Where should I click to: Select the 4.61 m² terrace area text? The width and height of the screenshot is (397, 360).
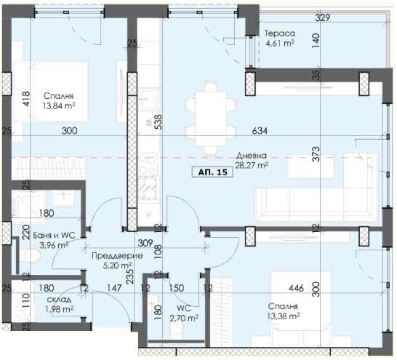click(278, 44)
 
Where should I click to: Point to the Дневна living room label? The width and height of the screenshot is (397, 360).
click(251, 156)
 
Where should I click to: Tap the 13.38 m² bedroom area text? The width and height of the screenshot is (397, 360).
click(282, 316)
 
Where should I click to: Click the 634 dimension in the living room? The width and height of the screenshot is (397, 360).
click(260, 131)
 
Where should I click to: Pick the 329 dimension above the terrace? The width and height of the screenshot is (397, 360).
click(322, 17)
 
